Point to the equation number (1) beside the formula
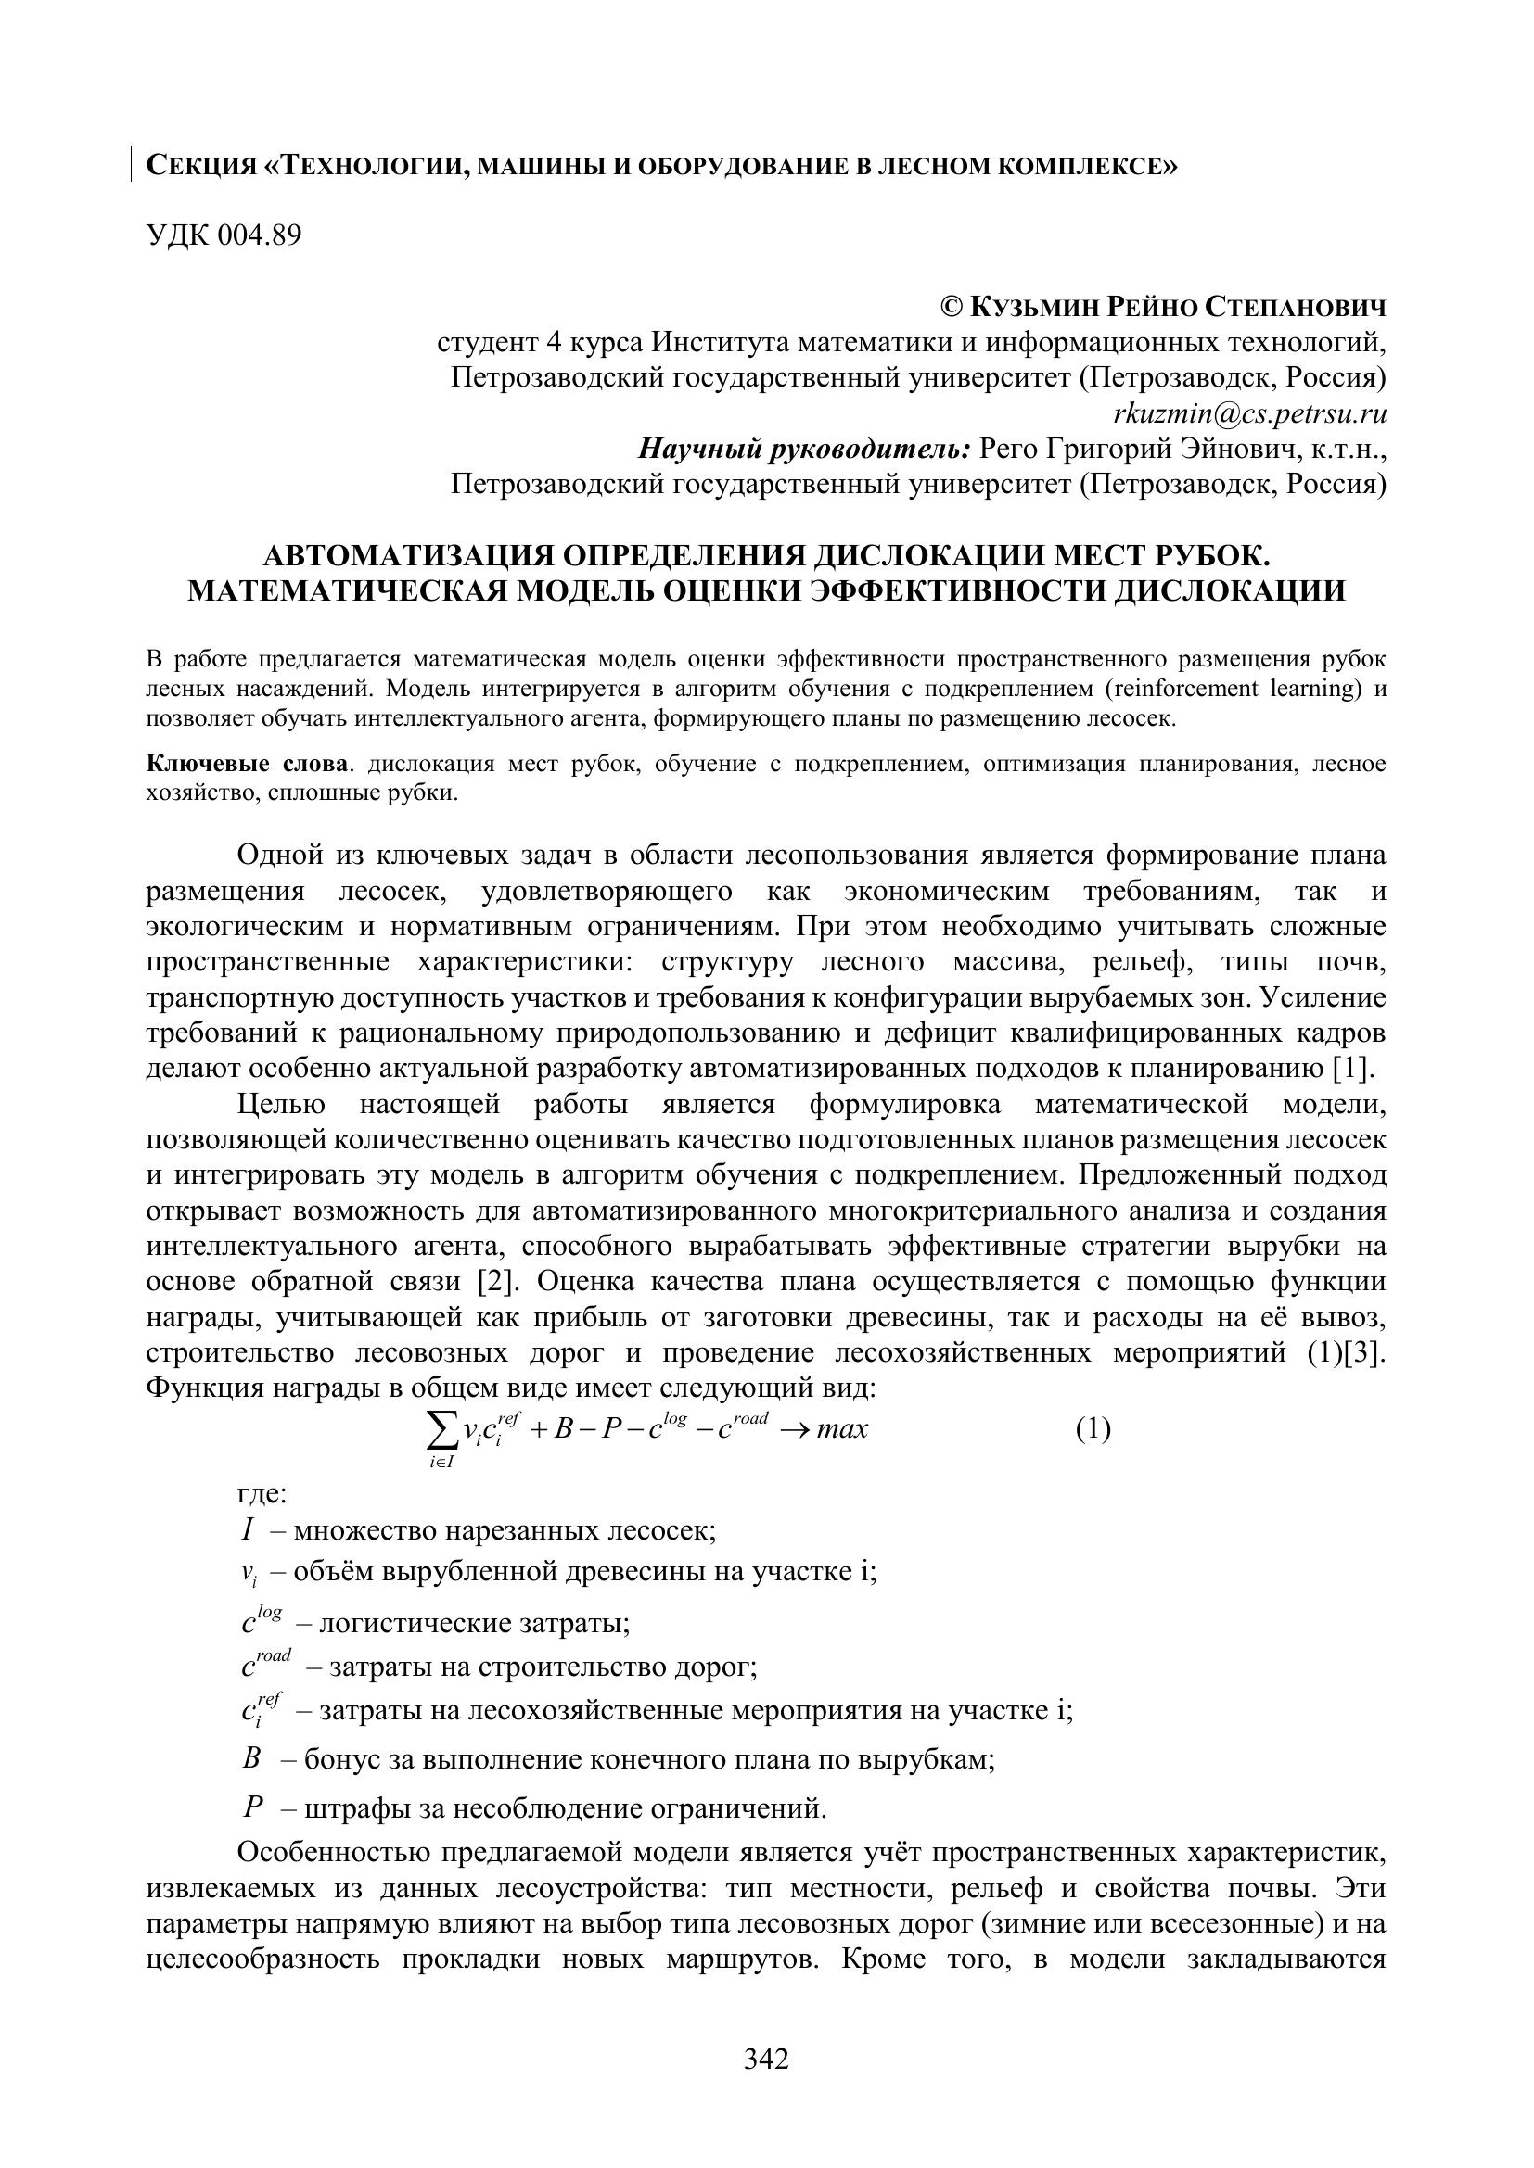click(x=1093, y=1428)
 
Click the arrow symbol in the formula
click(x=791, y=1429)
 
